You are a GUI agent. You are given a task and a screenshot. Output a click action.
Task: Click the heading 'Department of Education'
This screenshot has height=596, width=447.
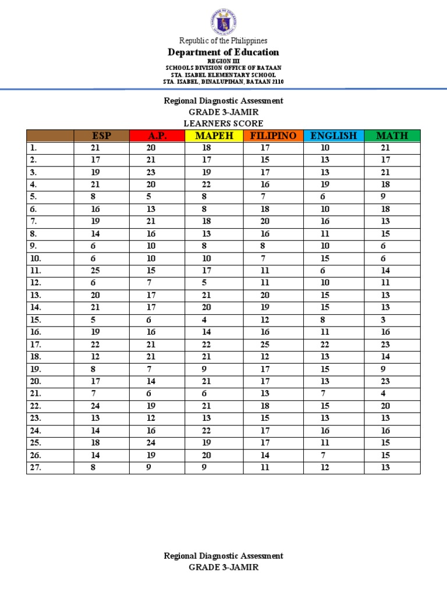[223, 52]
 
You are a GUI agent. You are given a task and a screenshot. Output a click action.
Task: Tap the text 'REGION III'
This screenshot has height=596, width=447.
[223, 61]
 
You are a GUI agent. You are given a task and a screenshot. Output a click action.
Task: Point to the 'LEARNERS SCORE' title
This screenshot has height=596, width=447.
[223, 123]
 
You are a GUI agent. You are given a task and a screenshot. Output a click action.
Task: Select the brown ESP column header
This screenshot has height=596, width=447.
[101, 136]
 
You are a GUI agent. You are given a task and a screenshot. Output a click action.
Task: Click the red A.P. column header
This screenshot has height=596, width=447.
[157, 136]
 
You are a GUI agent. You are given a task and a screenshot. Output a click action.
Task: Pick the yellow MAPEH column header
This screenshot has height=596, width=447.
[214, 136]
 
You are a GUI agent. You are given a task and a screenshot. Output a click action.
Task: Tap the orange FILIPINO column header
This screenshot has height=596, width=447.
[273, 136]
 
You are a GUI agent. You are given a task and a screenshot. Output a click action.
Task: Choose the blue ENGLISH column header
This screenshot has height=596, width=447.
[334, 136]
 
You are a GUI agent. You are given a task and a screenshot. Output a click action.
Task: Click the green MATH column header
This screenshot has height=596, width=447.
[392, 136]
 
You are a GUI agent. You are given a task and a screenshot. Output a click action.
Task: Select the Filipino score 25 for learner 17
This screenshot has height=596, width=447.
[265, 344]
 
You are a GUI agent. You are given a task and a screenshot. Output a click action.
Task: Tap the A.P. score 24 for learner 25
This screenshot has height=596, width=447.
[151, 442]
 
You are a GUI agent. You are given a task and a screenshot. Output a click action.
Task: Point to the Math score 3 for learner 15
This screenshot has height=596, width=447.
[383, 320]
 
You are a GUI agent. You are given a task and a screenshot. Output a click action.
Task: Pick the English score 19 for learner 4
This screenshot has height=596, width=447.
[325, 185]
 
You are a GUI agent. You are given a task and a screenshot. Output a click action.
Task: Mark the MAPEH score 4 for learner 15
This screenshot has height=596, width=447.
[204, 320]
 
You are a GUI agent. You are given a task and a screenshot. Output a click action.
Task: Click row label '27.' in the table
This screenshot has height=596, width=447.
[36, 467]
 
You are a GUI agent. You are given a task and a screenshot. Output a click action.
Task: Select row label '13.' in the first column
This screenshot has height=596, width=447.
[36, 295]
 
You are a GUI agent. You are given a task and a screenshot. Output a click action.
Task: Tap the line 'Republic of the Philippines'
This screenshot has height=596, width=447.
[223, 41]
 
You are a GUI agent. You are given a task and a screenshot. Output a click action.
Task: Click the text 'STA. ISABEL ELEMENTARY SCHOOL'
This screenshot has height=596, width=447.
[223, 75]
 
